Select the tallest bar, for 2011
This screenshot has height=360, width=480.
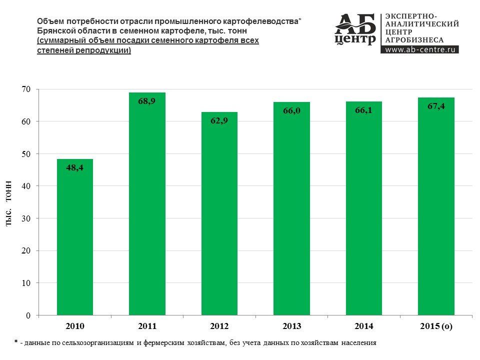click(147, 205)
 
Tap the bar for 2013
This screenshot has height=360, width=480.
click(291, 210)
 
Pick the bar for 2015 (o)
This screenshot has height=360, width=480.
click(436, 207)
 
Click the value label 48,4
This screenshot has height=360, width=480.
click(75, 168)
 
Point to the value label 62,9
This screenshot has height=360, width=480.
click(219, 120)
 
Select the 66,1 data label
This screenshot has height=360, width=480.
click(363, 110)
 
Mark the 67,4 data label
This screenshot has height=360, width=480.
click(436, 106)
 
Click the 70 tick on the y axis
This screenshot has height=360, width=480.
click(26, 89)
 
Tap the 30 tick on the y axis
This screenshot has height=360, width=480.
click(26, 218)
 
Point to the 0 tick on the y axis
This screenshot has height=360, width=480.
click(28, 315)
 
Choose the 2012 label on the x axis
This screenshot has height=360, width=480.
click(219, 326)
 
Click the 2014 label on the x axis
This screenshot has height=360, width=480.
click(363, 326)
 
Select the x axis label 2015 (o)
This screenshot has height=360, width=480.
click(436, 326)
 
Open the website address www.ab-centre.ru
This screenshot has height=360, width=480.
click(420, 49)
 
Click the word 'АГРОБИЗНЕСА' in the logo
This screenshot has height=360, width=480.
click(414, 39)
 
